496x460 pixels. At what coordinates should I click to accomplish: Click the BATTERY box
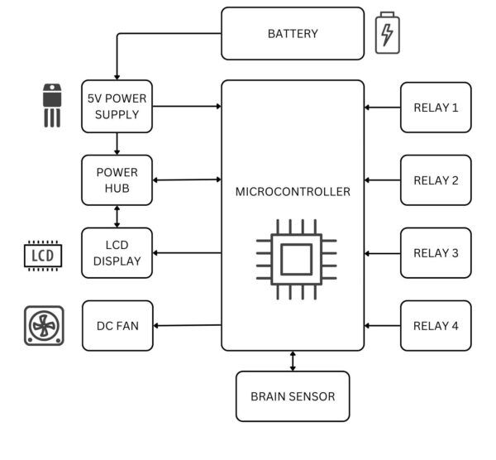click(x=293, y=34)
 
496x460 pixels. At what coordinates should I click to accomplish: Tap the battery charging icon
click(x=387, y=34)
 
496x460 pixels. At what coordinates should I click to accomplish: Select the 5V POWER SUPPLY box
click(x=117, y=107)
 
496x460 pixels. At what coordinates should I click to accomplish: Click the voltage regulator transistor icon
click(x=52, y=104)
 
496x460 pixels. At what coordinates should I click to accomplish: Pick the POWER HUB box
click(x=117, y=180)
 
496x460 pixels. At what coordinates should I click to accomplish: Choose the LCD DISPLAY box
click(x=117, y=252)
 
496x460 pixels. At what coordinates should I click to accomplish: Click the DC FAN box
click(x=117, y=325)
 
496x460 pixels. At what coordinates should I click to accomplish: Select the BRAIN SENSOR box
click(x=293, y=396)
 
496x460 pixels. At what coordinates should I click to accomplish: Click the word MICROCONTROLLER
click(x=293, y=192)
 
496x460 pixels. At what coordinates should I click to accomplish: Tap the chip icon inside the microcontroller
click(x=295, y=259)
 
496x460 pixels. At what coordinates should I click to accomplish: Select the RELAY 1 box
click(x=436, y=107)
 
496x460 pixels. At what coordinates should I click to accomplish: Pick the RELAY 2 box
click(x=436, y=180)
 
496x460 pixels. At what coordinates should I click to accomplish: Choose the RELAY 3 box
click(x=436, y=252)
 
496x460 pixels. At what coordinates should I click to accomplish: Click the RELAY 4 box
click(x=436, y=325)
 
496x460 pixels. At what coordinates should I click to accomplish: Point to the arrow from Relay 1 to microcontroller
click(x=382, y=107)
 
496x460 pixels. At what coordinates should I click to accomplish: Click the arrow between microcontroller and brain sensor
click(x=293, y=361)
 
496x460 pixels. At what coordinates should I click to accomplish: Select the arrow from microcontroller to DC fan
click(x=188, y=325)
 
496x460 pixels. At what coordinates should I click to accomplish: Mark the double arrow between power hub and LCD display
click(x=117, y=216)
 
